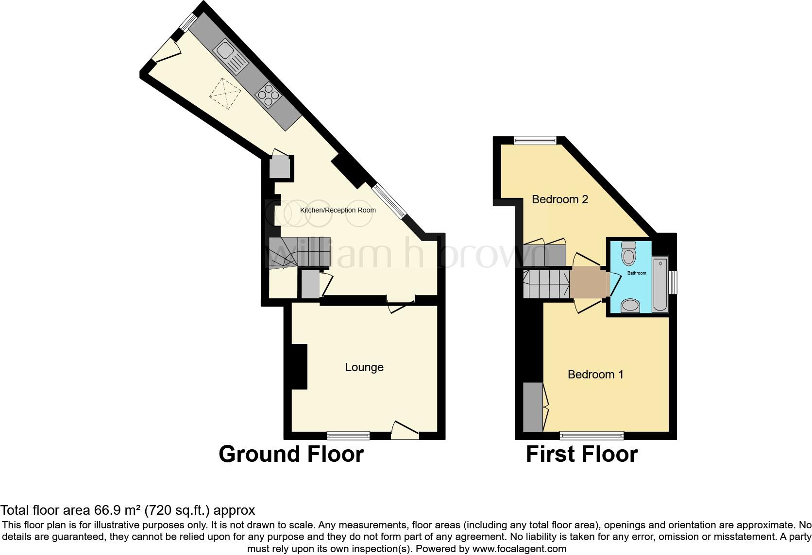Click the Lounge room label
tap(364, 367)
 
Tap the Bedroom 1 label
tap(595, 375)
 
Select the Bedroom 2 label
tap(560, 199)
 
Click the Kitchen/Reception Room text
tap(338, 210)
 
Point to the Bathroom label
tap(637, 273)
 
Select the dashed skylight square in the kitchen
tap(225, 94)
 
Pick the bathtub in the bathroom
tap(660, 285)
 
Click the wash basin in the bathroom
tap(630, 306)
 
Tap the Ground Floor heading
tap(291, 455)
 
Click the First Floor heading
tap(581, 455)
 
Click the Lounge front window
tap(348, 435)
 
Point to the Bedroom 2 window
tap(535, 140)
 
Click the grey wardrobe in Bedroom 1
tap(533, 407)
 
